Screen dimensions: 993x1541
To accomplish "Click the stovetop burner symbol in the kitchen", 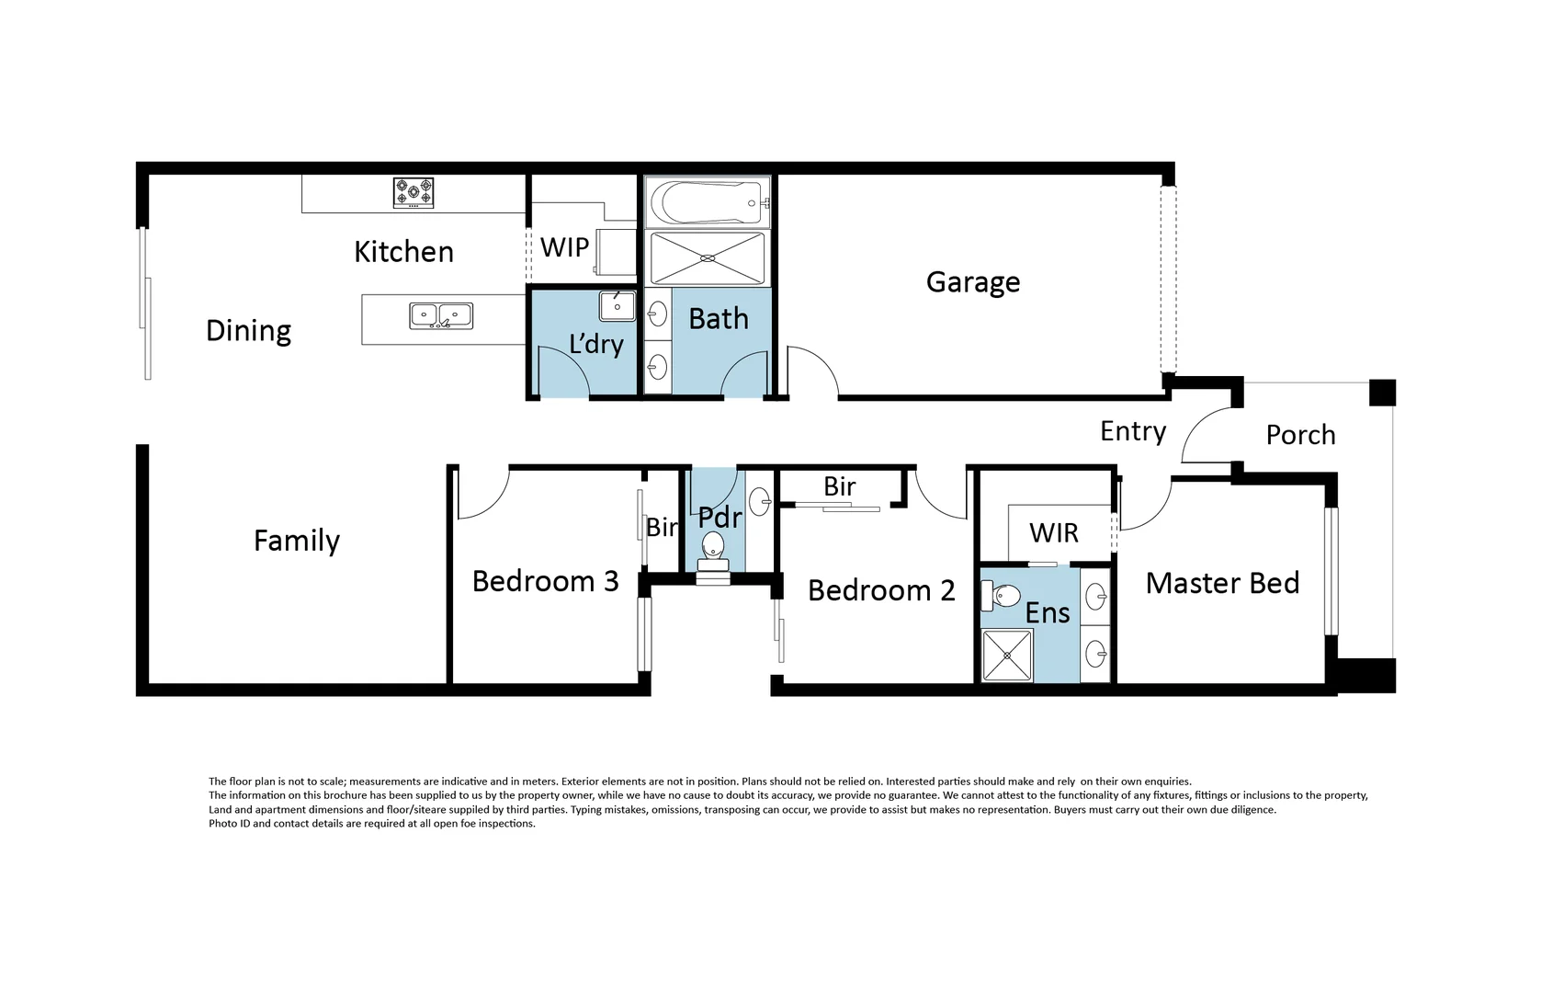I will [414, 193].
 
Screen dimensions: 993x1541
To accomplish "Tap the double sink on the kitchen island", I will [441, 315].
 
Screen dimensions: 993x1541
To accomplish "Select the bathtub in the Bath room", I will [706, 201].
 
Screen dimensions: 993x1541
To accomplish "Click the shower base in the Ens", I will [1007, 656].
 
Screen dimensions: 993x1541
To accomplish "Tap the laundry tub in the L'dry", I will [617, 305].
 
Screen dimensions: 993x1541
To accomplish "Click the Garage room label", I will [972, 282].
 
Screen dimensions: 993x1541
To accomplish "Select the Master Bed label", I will [1221, 583].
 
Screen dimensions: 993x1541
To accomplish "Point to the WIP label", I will [564, 246].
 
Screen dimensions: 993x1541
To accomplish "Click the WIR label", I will [1053, 532].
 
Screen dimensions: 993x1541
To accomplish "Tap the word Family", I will [296, 541].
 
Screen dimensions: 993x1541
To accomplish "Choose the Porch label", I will [1300, 435].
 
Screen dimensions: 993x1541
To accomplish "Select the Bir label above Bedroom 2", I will [839, 486].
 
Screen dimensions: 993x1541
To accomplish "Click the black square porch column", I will [1382, 393].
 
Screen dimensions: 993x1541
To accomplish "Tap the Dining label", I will [248, 331].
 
